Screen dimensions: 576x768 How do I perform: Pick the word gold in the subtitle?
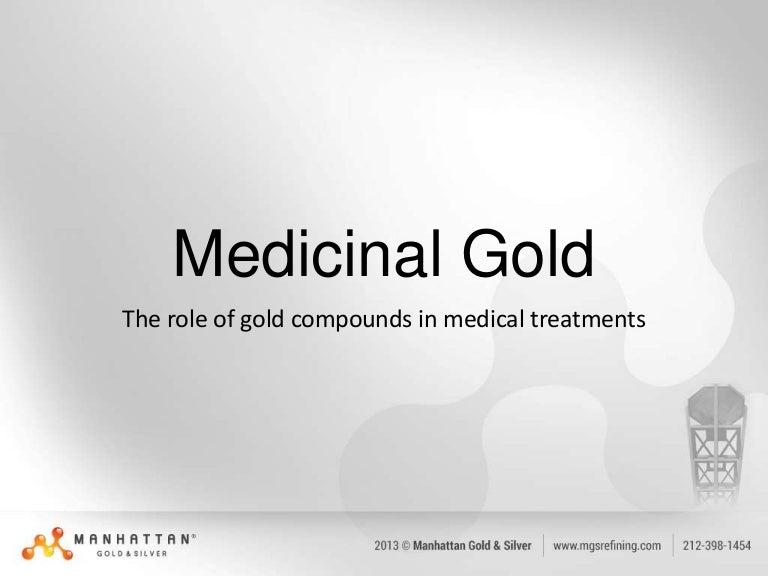pyautogui.click(x=255, y=321)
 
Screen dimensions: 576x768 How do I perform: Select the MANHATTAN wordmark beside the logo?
pyautogui.click(x=132, y=538)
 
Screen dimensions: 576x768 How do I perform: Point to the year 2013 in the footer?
pyautogui.click(x=388, y=546)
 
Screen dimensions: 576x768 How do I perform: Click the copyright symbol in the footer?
pyautogui.click(x=411, y=546)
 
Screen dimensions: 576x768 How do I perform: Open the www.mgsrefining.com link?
pyautogui.click(x=607, y=546)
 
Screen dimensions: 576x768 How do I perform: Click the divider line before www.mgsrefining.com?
pyautogui.click(x=543, y=546)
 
